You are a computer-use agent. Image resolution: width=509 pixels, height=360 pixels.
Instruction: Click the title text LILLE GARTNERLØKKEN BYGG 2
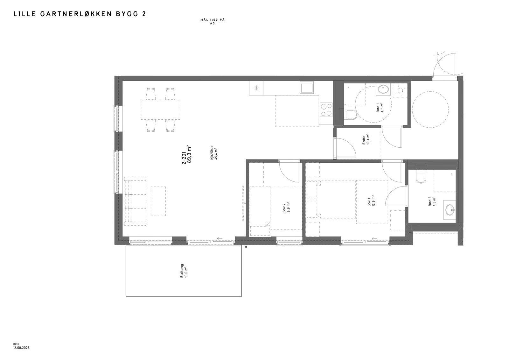tap(80, 14)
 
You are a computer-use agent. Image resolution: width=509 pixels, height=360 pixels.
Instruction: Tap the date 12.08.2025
tap(21, 348)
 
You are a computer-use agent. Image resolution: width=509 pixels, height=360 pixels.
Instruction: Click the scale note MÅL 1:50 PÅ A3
tap(212, 21)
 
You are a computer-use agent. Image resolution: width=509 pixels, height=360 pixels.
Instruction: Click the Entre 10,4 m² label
tap(366, 139)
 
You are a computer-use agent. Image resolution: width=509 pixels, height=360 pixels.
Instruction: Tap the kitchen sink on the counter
tap(307, 87)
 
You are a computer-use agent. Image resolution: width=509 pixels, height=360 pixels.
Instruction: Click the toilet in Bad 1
tap(350, 115)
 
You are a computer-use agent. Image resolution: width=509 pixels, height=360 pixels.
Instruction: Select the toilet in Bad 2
tap(420, 177)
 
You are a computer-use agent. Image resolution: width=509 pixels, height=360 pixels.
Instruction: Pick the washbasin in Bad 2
tap(450, 210)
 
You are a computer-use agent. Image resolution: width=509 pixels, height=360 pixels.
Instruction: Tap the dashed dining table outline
tap(160, 109)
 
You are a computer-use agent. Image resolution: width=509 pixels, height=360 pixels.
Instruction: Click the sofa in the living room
tap(135, 201)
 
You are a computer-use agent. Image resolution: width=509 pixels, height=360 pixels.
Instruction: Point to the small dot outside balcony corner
tap(246, 247)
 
